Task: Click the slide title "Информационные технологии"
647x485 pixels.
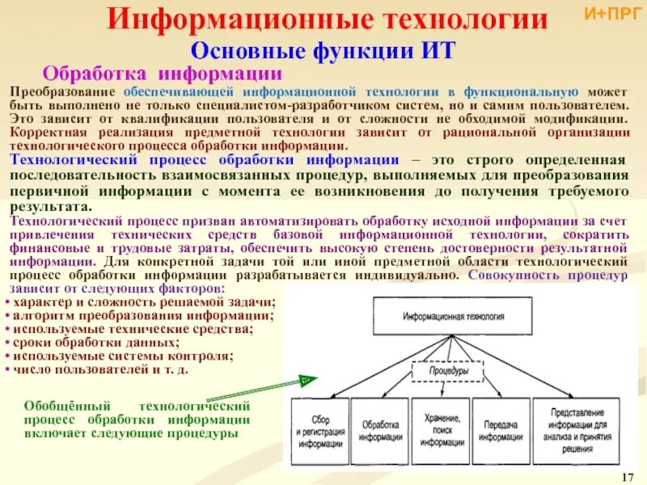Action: [x=328, y=21]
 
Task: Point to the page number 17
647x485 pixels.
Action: [x=629, y=473]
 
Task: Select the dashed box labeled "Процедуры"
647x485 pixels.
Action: [x=447, y=371]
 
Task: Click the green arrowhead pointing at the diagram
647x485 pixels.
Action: [x=306, y=380]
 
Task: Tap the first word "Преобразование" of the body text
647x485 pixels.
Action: [x=58, y=94]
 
